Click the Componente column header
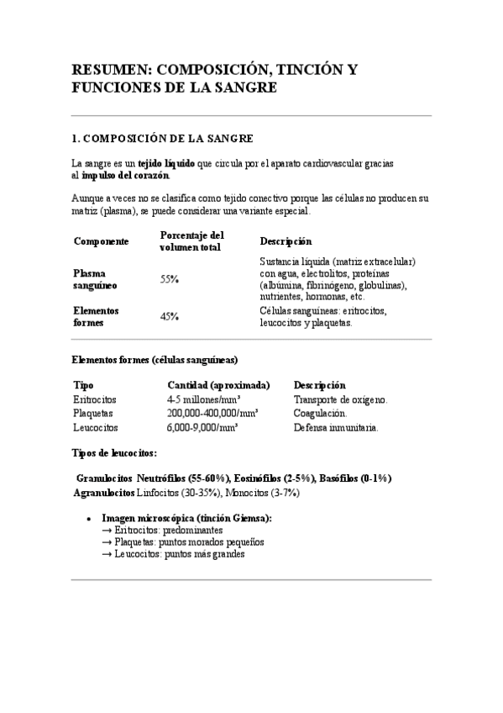tap(101, 241)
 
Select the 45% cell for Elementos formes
tap(170, 316)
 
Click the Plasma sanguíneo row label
tap(94, 279)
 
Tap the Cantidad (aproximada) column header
tap(218, 384)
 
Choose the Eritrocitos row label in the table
tap(95, 399)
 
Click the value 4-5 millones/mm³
tap(204, 399)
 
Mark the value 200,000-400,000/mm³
tap(212, 414)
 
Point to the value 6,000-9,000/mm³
tap(202, 427)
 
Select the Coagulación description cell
tap(319, 414)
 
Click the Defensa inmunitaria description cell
tap(336, 427)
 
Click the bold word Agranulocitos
tap(103, 493)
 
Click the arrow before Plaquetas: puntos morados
tap(107, 542)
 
